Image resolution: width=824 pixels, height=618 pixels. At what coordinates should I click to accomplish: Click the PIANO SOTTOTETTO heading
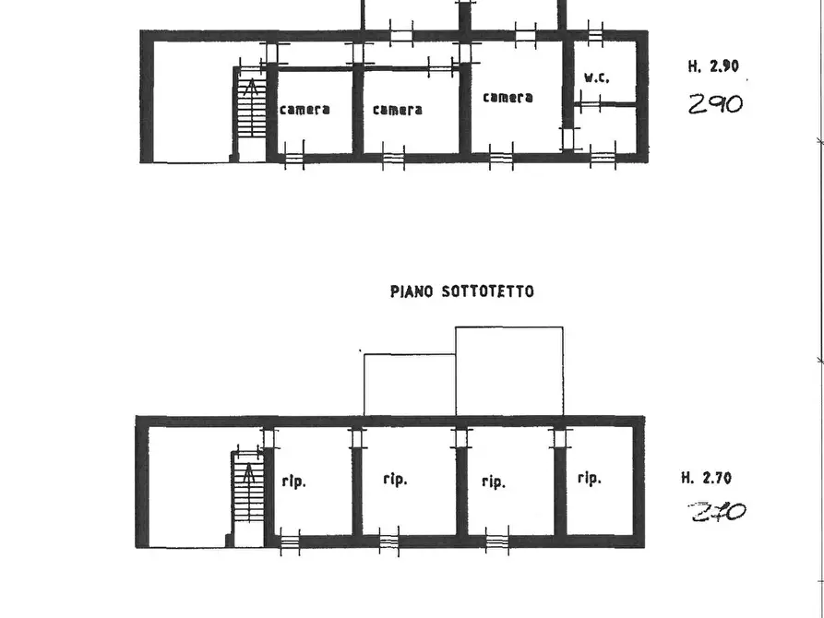tap(462, 291)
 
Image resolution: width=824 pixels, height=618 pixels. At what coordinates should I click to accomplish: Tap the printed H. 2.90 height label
tap(713, 66)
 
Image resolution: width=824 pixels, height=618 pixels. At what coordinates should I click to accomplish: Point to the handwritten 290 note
tap(716, 104)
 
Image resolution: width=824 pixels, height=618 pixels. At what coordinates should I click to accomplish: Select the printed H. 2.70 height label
tap(706, 478)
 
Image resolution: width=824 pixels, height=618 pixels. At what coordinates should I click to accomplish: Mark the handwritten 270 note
tap(717, 511)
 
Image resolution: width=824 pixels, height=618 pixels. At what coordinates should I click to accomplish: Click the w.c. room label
tap(597, 77)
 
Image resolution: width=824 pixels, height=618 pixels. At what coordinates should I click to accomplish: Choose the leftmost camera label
tap(305, 110)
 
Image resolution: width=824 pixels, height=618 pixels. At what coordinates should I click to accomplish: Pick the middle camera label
tap(398, 110)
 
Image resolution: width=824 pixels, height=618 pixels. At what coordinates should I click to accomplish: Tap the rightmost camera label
tap(508, 97)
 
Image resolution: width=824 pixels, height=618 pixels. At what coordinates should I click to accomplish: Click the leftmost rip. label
tap(294, 481)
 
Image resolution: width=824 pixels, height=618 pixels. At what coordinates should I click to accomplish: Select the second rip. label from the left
tap(395, 480)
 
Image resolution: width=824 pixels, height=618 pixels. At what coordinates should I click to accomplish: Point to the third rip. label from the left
tap(494, 481)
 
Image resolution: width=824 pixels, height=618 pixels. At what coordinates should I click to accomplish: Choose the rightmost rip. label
tap(589, 478)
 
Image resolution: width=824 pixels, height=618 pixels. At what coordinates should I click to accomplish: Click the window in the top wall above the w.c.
tap(595, 35)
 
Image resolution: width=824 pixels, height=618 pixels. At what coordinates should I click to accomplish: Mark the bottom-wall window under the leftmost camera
tap(294, 157)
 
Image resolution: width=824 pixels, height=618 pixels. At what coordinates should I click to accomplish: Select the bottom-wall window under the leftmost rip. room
tap(290, 541)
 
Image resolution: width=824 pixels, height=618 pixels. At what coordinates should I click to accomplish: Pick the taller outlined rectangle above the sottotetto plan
tap(509, 327)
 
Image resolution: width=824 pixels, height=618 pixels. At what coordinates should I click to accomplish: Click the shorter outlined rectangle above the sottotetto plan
tap(410, 355)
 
